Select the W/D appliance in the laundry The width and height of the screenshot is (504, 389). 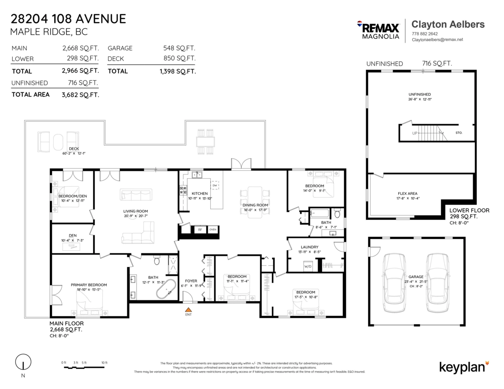308,266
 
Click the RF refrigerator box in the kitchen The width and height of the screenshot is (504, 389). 200,230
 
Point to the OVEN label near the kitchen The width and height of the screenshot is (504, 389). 213,230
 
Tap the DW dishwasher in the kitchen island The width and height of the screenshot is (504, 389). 215,185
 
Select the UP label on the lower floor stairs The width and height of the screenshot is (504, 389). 415,133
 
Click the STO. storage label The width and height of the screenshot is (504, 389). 459,133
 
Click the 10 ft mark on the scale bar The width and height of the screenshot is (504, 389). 104,363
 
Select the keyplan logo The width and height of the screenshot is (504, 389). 464,366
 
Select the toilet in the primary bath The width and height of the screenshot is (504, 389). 157,261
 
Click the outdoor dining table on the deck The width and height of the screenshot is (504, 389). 206,141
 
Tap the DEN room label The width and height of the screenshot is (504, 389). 73,235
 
